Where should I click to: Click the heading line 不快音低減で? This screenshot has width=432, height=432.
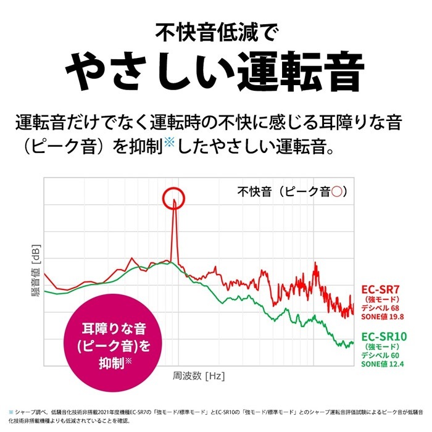click(216, 30)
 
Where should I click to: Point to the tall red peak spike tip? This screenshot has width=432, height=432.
click(175, 199)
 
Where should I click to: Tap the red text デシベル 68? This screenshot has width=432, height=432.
click(381, 308)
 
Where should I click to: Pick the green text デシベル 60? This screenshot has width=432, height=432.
click(381, 355)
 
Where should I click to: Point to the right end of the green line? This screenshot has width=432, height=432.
click(354, 343)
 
